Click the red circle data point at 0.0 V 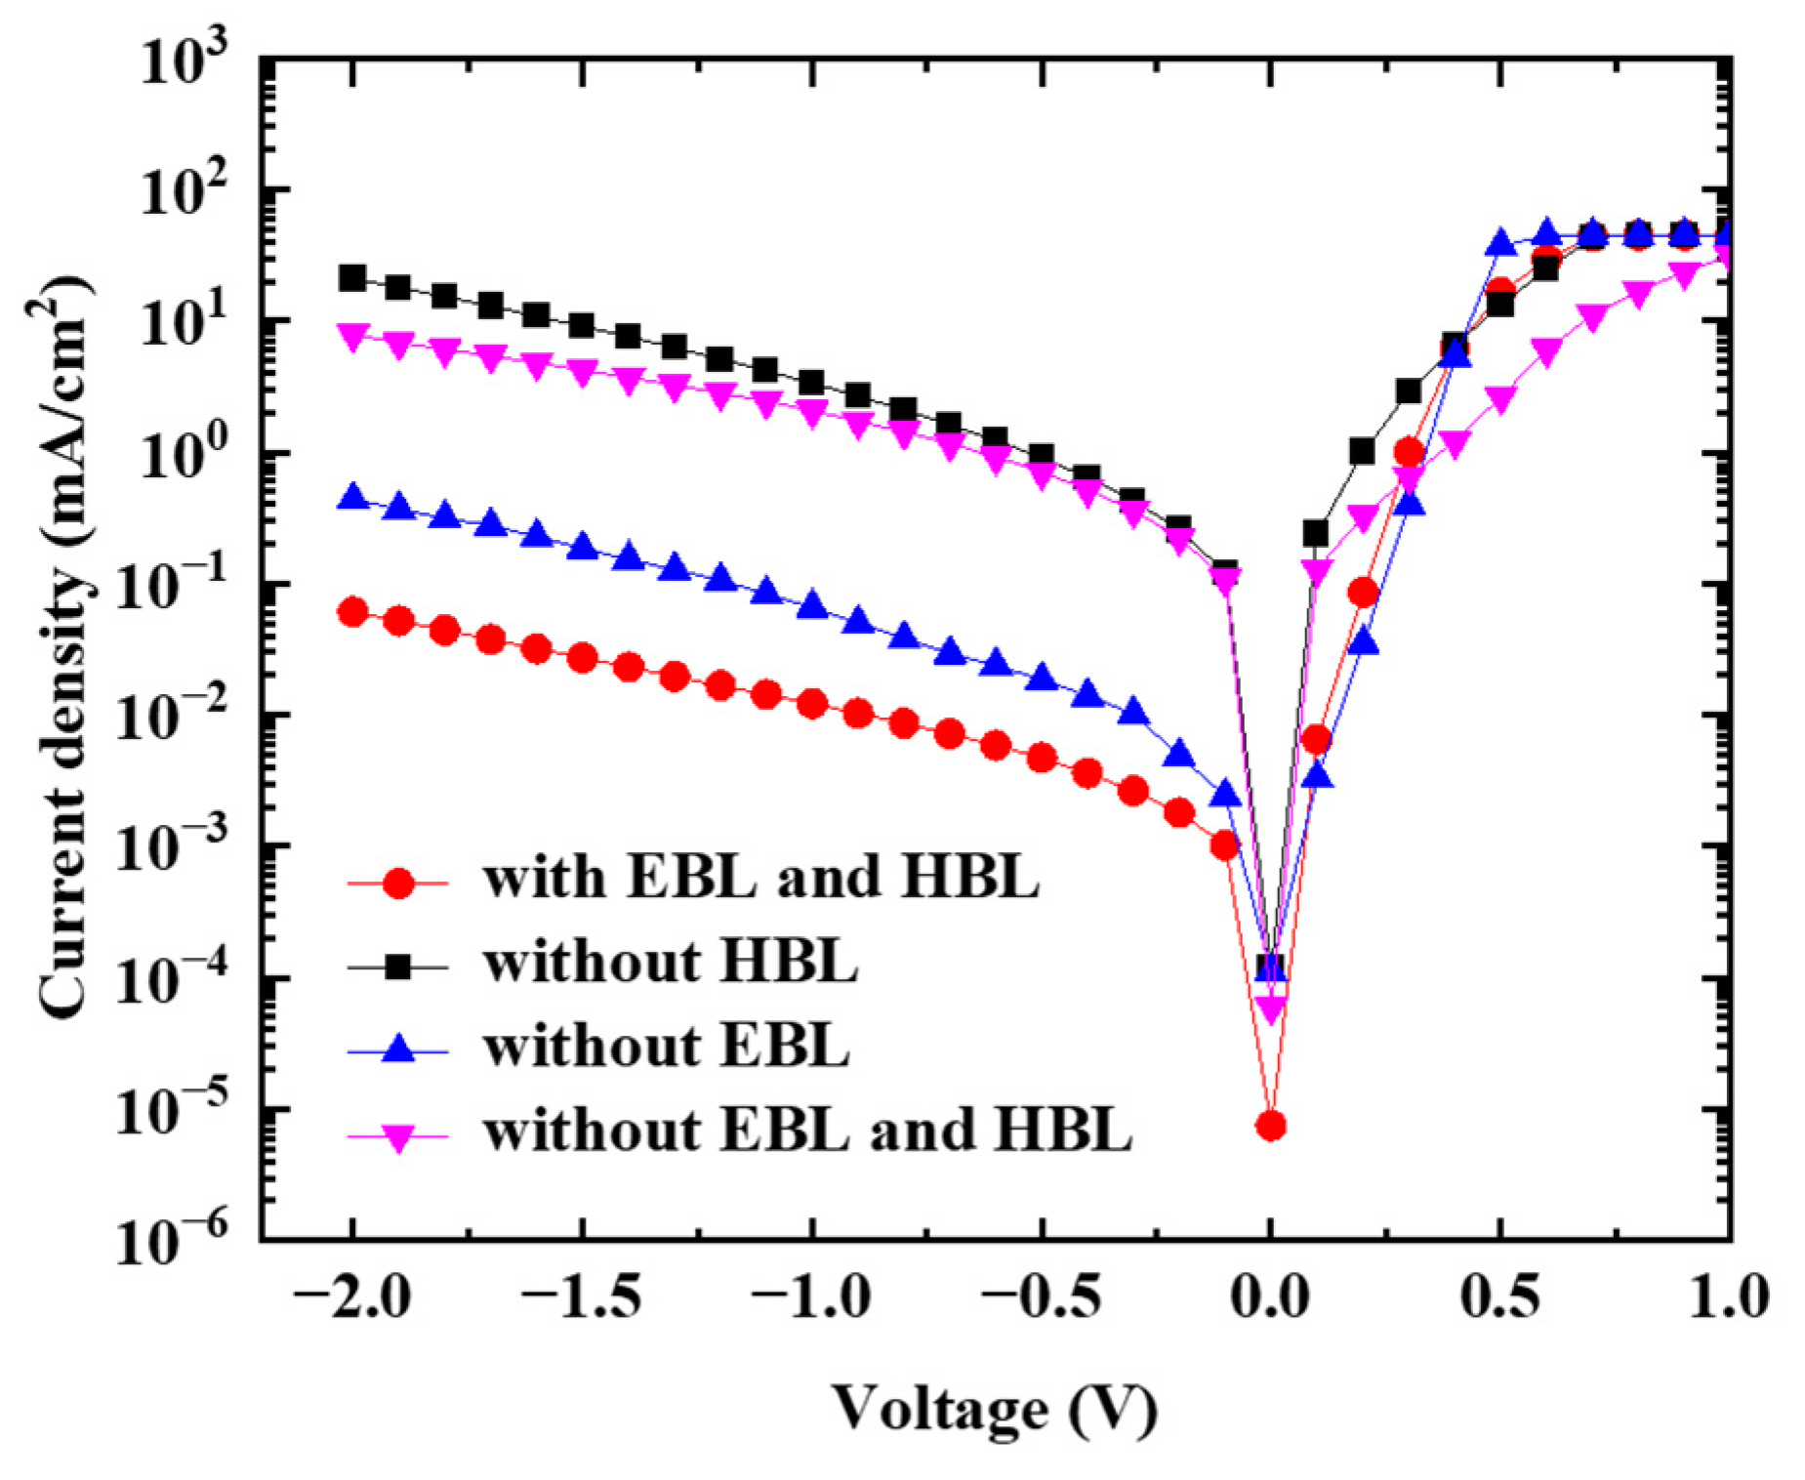(x=1269, y=1126)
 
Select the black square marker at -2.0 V (x=352, y=278)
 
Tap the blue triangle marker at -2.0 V (x=352, y=497)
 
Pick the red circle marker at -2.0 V (x=352, y=613)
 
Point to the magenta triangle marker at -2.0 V (x=352, y=337)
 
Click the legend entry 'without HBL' (x=671, y=963)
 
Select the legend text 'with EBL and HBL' (x=760, y=878)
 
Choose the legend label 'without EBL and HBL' (x=807, y=1131)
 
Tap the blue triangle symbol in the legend (x=397, y=1049)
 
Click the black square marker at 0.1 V (x=1315, y=533)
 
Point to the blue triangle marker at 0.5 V (x=1499, y=243)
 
